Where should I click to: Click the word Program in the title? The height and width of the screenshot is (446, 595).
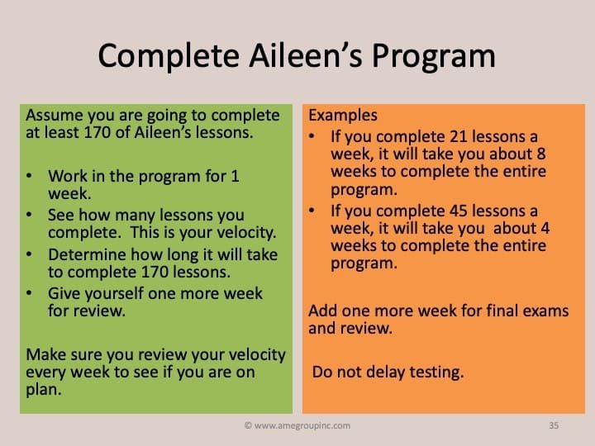(433, 56)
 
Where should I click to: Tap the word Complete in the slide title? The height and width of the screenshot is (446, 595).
(169, 56)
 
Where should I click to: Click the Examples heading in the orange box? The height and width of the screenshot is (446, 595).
(343, 116)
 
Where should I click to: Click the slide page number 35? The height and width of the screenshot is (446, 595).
(554, 425)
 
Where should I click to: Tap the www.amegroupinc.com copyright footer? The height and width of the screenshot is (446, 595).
(297, 425)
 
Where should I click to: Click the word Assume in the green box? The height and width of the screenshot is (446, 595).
(55, 116)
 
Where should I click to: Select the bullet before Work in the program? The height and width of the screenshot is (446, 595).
(29, 176)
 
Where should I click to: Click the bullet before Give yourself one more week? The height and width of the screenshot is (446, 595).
(29, 292)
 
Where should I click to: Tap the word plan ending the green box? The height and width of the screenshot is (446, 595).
(44, 390)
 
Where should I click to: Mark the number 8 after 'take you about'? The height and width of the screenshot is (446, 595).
(541, 154)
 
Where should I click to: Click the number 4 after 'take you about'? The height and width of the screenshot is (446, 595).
(545, 228)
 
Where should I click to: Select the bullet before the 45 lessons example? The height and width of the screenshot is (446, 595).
(312, 211)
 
